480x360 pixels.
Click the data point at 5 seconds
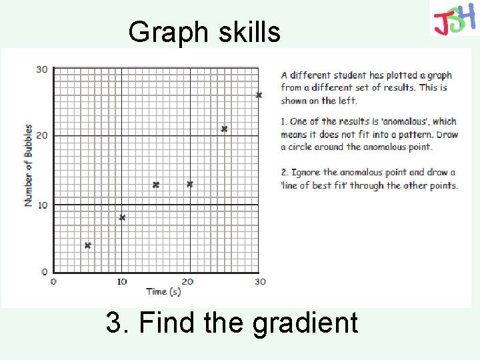[x=87, y=245]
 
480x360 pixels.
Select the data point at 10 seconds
[x=122, y=218]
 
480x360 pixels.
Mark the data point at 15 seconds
[x=156, y=185]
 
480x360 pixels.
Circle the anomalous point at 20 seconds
[x=190, y=184]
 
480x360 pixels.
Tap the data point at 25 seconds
[x=224, y=129]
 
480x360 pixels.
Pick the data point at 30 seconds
[x=259, y=95]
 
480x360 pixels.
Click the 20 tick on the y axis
[x=41, y=136]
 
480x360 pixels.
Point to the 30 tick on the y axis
[x=41, y=69]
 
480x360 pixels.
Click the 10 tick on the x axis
[x=122, y=281]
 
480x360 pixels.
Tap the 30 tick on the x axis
[x=259, y=281]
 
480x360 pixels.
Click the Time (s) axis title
[x=163, y=291]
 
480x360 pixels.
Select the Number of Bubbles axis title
[x=29, y=165]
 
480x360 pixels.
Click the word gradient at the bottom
[x=305, y=323]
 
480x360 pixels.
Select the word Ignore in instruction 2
[x=307, y=173]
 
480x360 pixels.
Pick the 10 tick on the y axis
[x=41, y=205]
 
